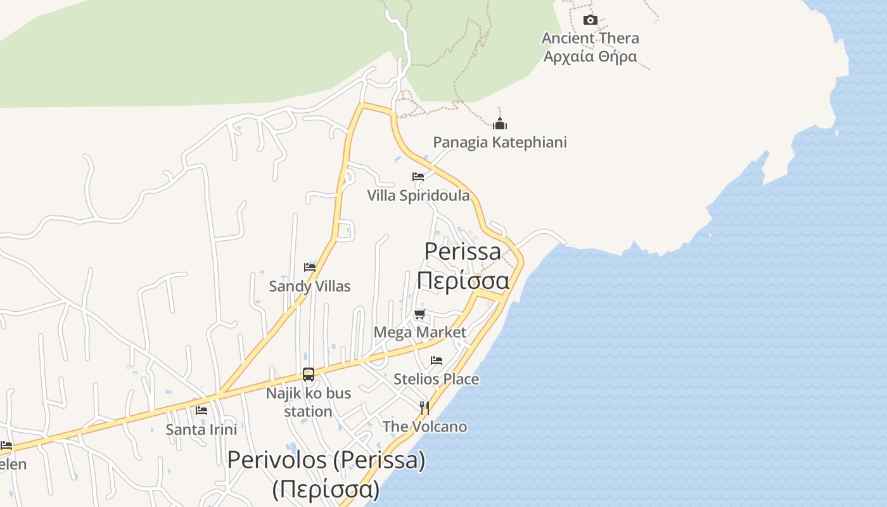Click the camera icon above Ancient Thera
(x=590, y=20)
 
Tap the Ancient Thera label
(x=590, y=38)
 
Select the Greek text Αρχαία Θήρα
(x=590, y=56)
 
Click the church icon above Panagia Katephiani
(x=500, y=124)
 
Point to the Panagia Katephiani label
(x=500, y=142)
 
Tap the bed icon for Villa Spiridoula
(x=418, y=177)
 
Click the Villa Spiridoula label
(x=418, y=195)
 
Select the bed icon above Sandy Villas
(x=310, y=267)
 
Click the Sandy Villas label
(x=310, y=286)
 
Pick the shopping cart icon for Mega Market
(x=419, y=314)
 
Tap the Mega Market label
(x=419, y=332)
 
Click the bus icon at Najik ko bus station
(x=309, y=375)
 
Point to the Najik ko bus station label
(x=309, y=402)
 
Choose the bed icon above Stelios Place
(x=437, y=361)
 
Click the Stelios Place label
(x=437, y=379)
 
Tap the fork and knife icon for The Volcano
(x=424, y=408)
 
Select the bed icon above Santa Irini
(x=201, y=411)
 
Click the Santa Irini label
(x=201, y=430)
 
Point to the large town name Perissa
(x=463, y=252)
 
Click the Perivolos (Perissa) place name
(x=326, y=461)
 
